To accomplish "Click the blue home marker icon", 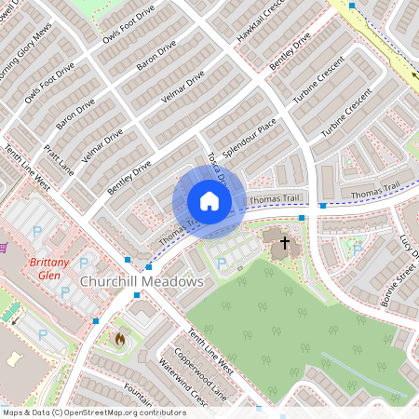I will pos(209,201).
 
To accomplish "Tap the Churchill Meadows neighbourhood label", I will pos(142,281).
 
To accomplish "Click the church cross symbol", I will pos(284,244).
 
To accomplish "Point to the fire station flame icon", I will pos(118,339).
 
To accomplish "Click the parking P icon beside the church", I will pos(222,264).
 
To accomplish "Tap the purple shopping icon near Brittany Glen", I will pos(4,248).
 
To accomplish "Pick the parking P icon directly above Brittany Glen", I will pos(38,230).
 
